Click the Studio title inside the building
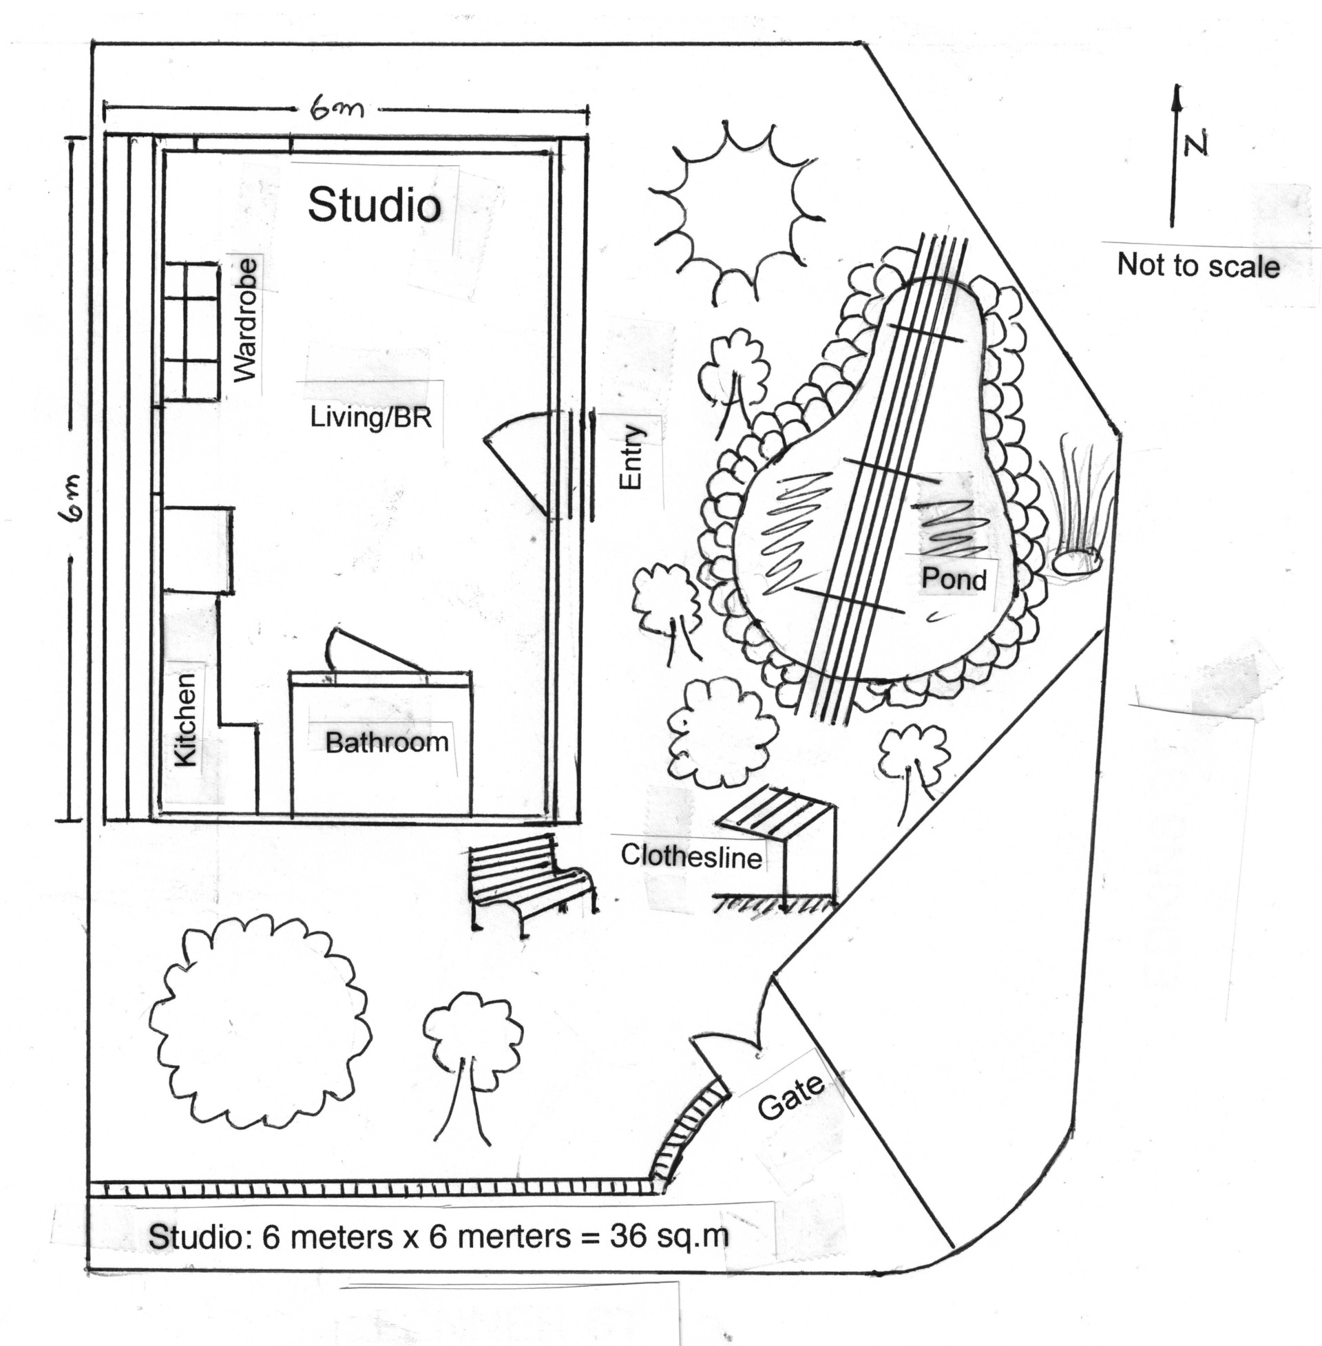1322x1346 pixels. [375, 205]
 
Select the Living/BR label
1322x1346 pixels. [370, 418]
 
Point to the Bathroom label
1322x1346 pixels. [387, 743]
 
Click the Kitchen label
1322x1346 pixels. [185, 721]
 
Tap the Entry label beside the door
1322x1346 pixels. [631, 457]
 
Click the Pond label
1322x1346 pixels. [954, 579]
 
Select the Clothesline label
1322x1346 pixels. [691, 856]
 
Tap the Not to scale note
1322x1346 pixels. [1199, 266]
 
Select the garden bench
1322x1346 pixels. [532, 883]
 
